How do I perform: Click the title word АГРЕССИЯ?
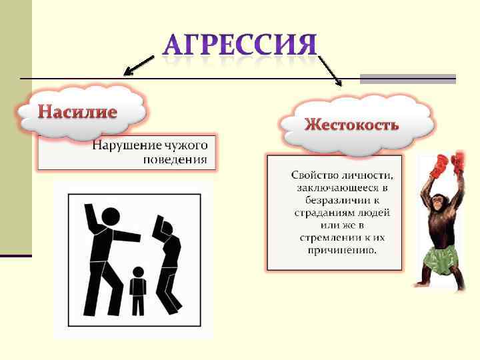pyautogui.click(x=240, y=45)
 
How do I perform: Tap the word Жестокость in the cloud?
pyautogui.click(x=351, y=125)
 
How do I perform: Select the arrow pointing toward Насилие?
pyautogui.click(x=138, y=65)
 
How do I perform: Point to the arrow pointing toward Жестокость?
pyautogui.click(x=331, y=71)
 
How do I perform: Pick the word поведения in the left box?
pyautogui.click(x=175, y=160)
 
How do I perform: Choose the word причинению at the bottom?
pyautogui.click(x=342, y=251)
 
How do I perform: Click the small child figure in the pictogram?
pyautogui.click(x=138, y=290)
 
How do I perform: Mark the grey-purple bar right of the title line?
pyautogui.click(x=407, y=79)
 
